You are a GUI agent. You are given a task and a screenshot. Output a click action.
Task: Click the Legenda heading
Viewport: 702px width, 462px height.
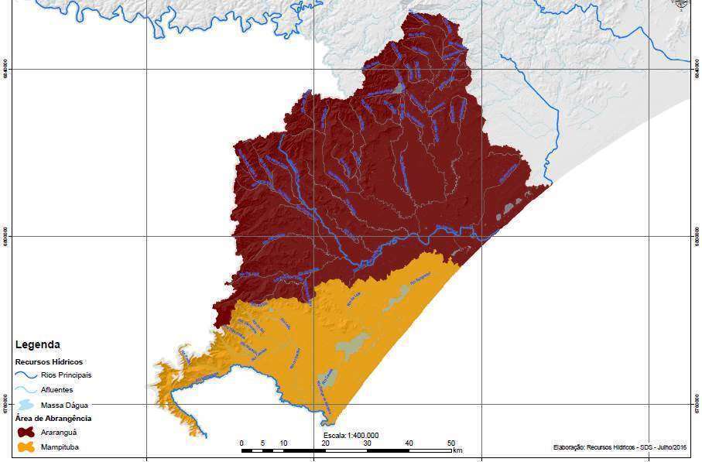tap(38, 345)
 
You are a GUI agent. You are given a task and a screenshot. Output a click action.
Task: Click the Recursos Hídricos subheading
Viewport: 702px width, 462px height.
tap(49, 361)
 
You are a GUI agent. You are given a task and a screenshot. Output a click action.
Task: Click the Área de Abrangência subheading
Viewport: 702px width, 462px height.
tap(53, 419)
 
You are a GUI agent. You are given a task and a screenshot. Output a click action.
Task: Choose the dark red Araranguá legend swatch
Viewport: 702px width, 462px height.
tap(26, 433)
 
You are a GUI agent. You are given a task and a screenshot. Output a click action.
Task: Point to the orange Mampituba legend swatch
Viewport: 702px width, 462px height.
tap(26, 447)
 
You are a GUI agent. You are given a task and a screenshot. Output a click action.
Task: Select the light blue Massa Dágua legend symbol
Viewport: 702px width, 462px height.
tap(26, 405)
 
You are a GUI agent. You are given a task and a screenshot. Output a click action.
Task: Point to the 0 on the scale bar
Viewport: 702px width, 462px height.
tap(242, 443)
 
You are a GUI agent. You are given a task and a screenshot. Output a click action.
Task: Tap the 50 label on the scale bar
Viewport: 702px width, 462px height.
tap(451, 443)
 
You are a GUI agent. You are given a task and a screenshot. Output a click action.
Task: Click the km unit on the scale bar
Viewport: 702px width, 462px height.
tap(458, 450)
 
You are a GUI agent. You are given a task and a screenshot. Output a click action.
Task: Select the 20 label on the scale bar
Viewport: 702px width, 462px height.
tap(326, 443)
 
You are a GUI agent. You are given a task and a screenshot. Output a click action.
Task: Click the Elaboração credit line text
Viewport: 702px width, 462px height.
tap(621, 447)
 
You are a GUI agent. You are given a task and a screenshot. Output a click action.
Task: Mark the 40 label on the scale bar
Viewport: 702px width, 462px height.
tap(409, 443)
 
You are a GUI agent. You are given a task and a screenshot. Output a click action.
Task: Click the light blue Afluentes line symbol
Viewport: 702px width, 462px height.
tap(26, 390)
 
